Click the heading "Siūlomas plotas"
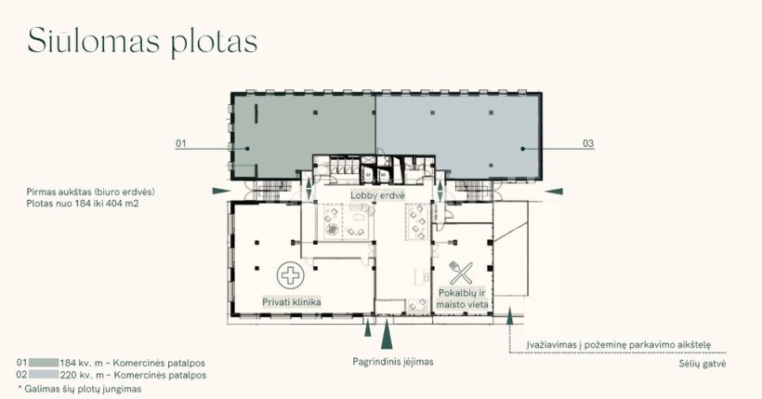click(142, 42)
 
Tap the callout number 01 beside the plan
click(181, 143)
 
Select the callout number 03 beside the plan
click(588, 143)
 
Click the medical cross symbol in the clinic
click(291, 275)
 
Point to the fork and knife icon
click(461, 273)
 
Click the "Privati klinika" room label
click(292, 302)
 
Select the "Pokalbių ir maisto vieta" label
click(462, 299)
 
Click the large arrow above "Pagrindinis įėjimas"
click(387, 334)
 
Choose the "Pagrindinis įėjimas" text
click(393, 362)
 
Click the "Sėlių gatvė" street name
click(703, 364)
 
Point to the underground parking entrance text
click(619, 345)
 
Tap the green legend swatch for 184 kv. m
click(44, 363)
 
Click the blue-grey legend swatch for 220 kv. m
click(44, 375)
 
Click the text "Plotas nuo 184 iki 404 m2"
click(82, 204)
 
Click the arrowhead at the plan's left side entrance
click(221, 192)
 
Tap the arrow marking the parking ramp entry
click(509, 316)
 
